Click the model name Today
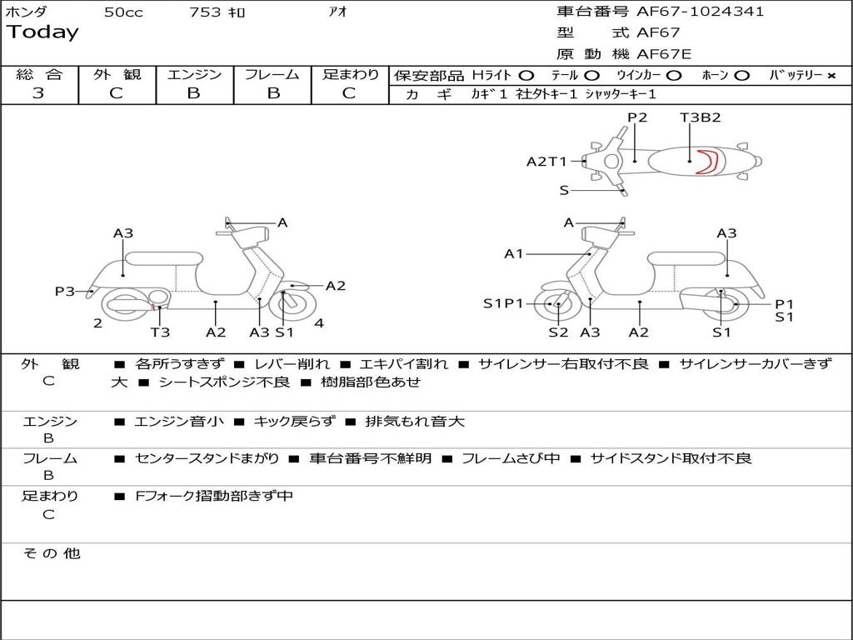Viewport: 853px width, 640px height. pos(42,32)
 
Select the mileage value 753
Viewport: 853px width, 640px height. pos(205,12)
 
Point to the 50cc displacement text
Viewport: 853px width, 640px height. pos(123,12)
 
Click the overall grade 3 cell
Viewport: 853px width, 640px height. pos(38,93)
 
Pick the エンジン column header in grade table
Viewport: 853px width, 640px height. pos(194,75)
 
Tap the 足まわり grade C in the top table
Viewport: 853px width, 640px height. pos(349,93)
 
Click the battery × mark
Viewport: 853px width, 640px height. pos(831,76)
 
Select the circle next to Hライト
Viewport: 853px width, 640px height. pos(527,76)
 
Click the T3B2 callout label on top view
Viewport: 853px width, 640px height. pos(700,117)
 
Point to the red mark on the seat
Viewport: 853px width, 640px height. pos(709,161)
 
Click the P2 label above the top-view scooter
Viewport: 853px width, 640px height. pos(637,117)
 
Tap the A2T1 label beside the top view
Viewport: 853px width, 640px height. pos(546,162)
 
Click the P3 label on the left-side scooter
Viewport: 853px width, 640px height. pos(65,291)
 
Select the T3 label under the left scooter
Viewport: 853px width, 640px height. pos(160,332)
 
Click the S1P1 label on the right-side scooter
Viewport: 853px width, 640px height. pos(503,303)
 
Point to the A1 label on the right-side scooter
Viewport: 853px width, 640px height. pos(514,253)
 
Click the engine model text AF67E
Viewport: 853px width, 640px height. pos(664,54)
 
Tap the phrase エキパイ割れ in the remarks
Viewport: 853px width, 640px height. pos(404,364)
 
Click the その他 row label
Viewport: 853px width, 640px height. pos(51,553)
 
